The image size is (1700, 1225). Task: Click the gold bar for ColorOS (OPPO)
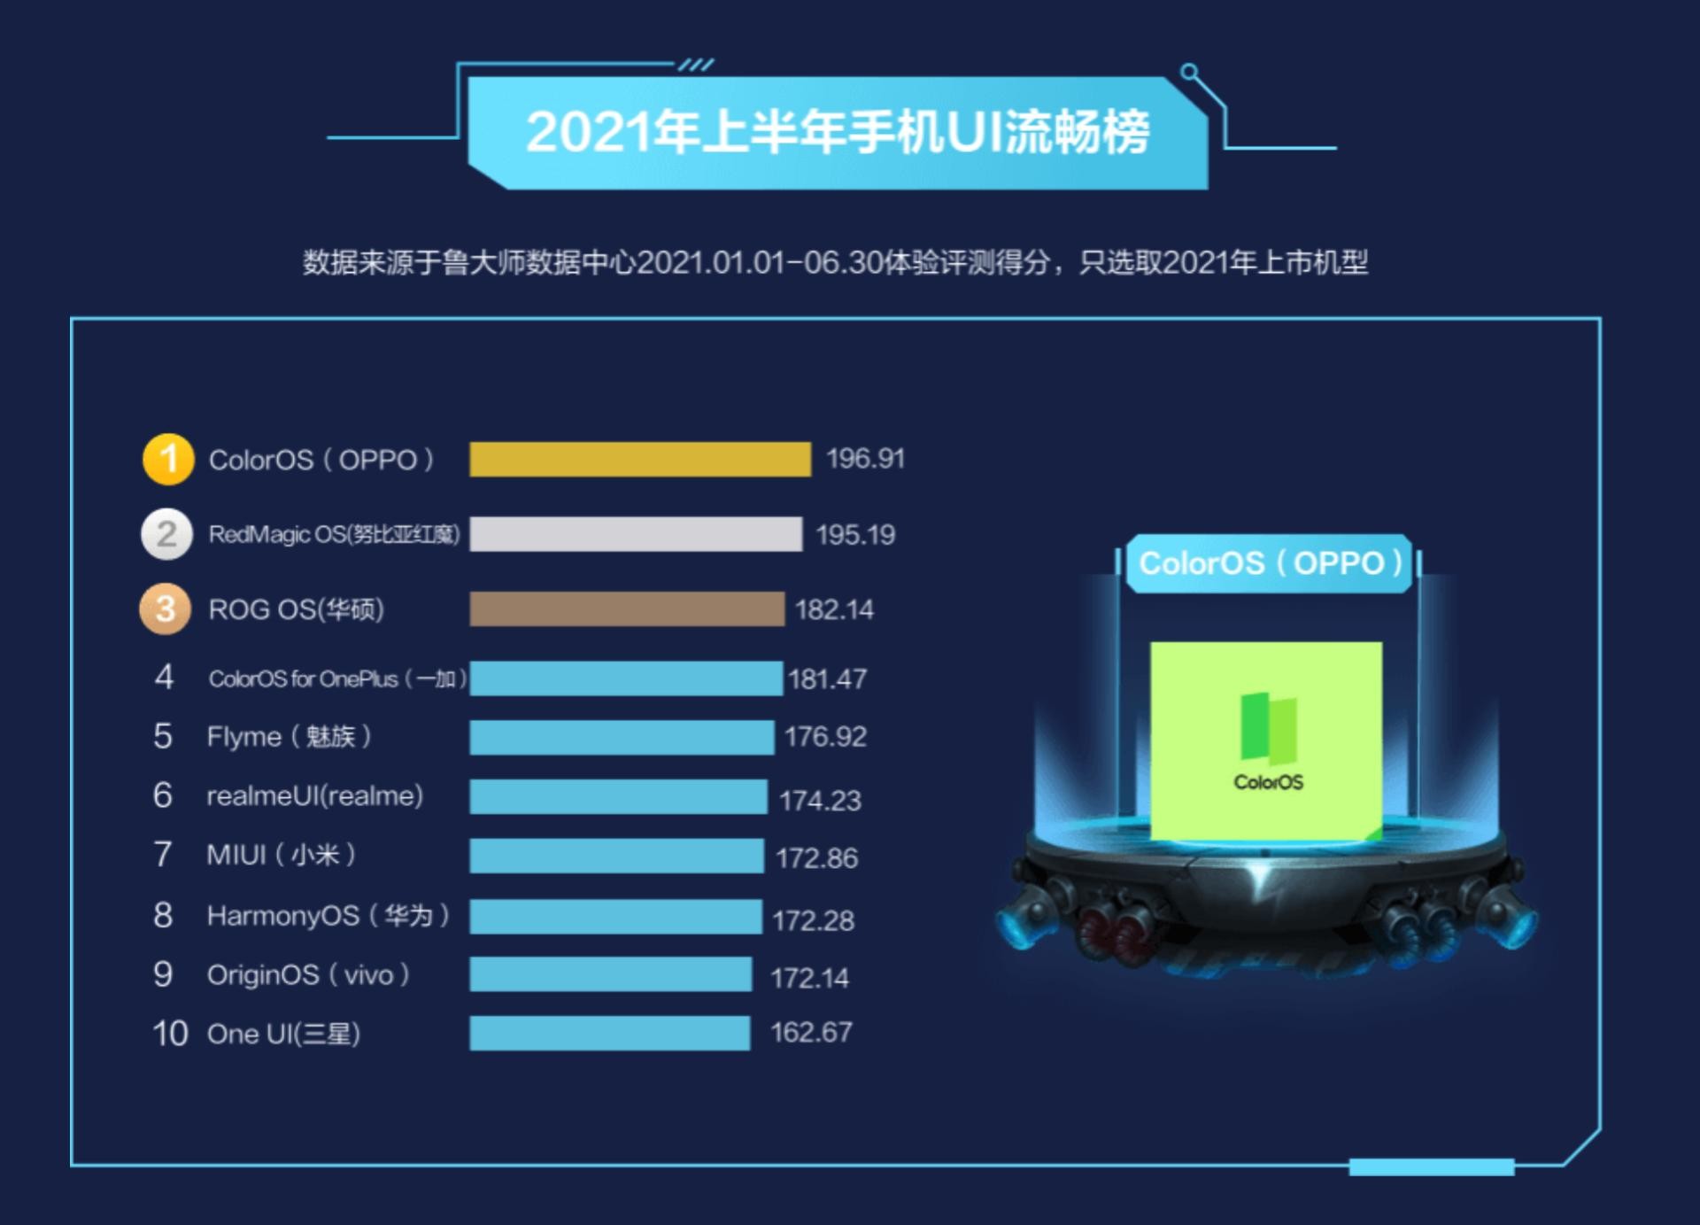[x=639, y=459]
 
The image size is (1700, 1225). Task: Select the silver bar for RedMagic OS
[x=636, y=534]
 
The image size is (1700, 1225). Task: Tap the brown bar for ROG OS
[x=627, y=609]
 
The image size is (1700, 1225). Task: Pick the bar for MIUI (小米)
[x=616, y=856]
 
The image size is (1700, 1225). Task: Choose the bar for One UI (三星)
[x=609, y=1033]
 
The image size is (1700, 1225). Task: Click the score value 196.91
[x=865, y=459]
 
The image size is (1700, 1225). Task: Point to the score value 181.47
[x=827, y=679]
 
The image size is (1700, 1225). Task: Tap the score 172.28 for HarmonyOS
[x=813, y=920]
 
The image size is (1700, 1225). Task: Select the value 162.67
[x=811, y=1033]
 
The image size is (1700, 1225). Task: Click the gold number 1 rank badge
[x=168, y=459]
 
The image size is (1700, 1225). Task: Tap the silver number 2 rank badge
[x=166, y=534]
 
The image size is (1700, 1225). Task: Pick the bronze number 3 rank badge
[x=166, y=609]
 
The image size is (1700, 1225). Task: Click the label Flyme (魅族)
[x=289, y=736]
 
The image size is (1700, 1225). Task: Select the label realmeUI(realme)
[x=314, y=795]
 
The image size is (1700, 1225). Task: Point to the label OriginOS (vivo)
[x=308, y=975]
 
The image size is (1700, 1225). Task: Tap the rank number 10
[x=170, y=1034]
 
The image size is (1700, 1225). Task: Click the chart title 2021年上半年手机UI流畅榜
[x=838, y=133]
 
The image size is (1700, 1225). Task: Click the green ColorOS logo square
[x=1266, y=740]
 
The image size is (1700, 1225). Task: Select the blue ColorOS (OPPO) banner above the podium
[x=1269, y=563]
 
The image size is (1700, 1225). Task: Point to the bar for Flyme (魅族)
[x=622, y=737]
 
